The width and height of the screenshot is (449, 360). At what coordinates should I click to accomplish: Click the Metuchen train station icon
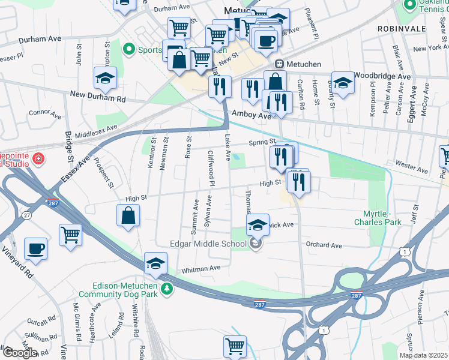click(279, 64)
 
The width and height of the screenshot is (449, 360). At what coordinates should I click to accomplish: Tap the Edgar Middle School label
click(208, 244)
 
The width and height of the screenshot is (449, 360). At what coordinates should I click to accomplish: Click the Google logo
click(19, 353)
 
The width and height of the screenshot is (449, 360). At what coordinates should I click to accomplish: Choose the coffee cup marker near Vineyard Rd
click(35, 249)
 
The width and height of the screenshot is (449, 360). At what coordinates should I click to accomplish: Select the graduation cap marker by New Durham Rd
click(105, 78)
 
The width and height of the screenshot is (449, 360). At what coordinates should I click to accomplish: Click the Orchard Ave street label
click(324, 245)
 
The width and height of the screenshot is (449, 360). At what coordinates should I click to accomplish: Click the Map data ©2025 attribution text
click(423, 355)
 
